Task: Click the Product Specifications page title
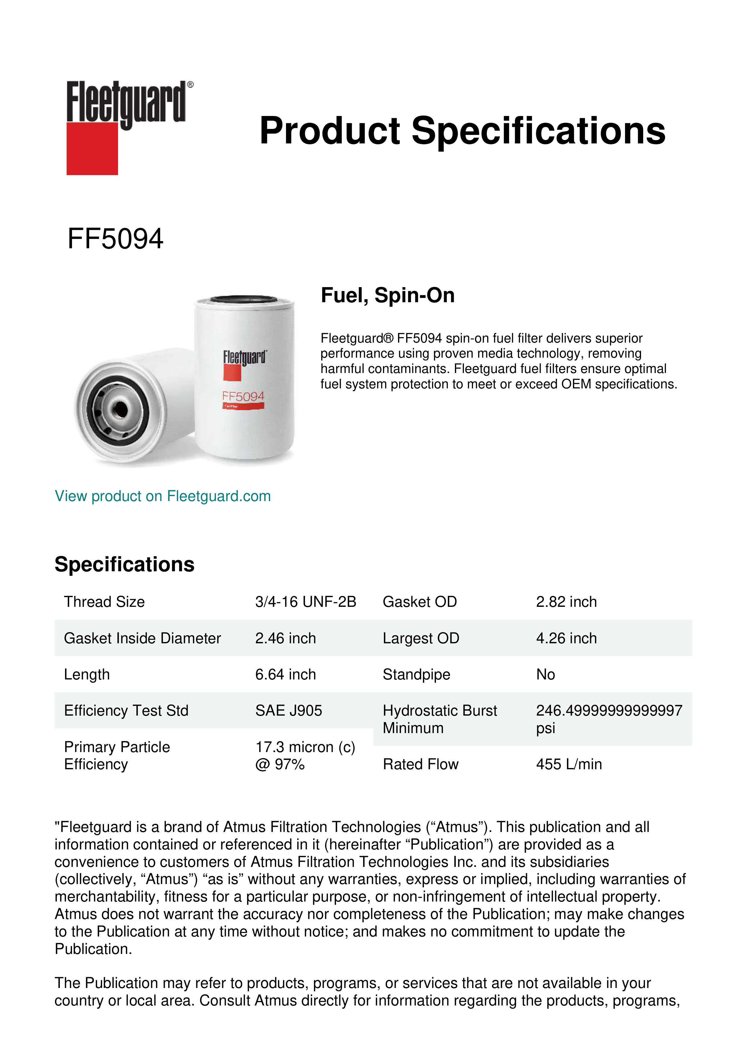click(x=462, y=131)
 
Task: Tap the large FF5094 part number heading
click(x=115, y=239)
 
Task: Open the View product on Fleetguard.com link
click(x=162, y=496)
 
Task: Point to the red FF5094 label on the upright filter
click(x=243, y=397)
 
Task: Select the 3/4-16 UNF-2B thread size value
click(x=305, y=602)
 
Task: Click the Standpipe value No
click(x=546, y=674)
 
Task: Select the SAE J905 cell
click(x=288, y=710)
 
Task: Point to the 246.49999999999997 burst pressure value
click(x=608, y=710)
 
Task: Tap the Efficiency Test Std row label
click(x=126, y=710)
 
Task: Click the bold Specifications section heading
click(x=124, y=564)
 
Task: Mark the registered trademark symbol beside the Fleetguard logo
click(x=190, y=85)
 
